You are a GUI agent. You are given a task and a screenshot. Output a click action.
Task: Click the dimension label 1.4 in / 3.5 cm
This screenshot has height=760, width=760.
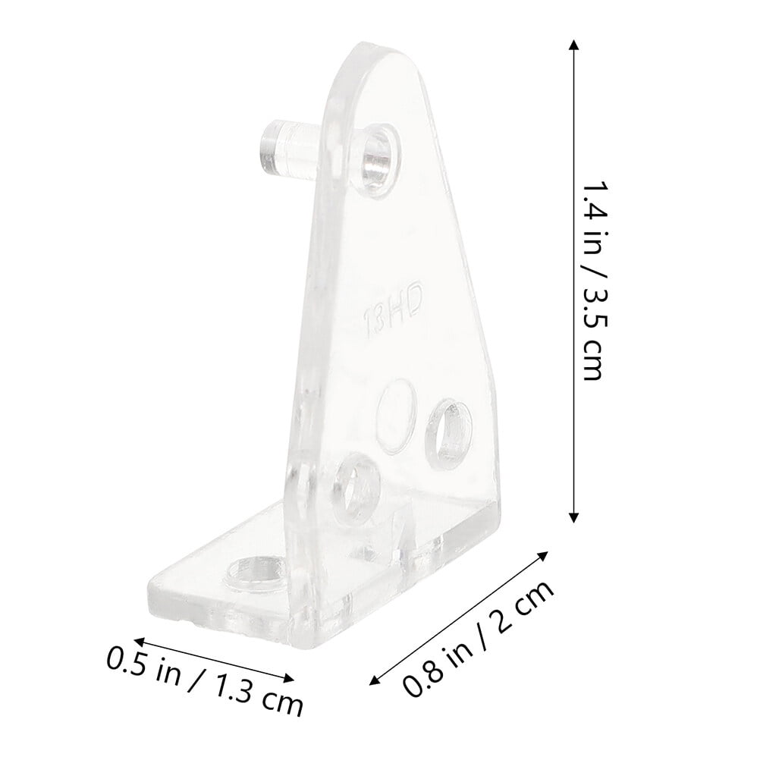click(594, 281)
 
